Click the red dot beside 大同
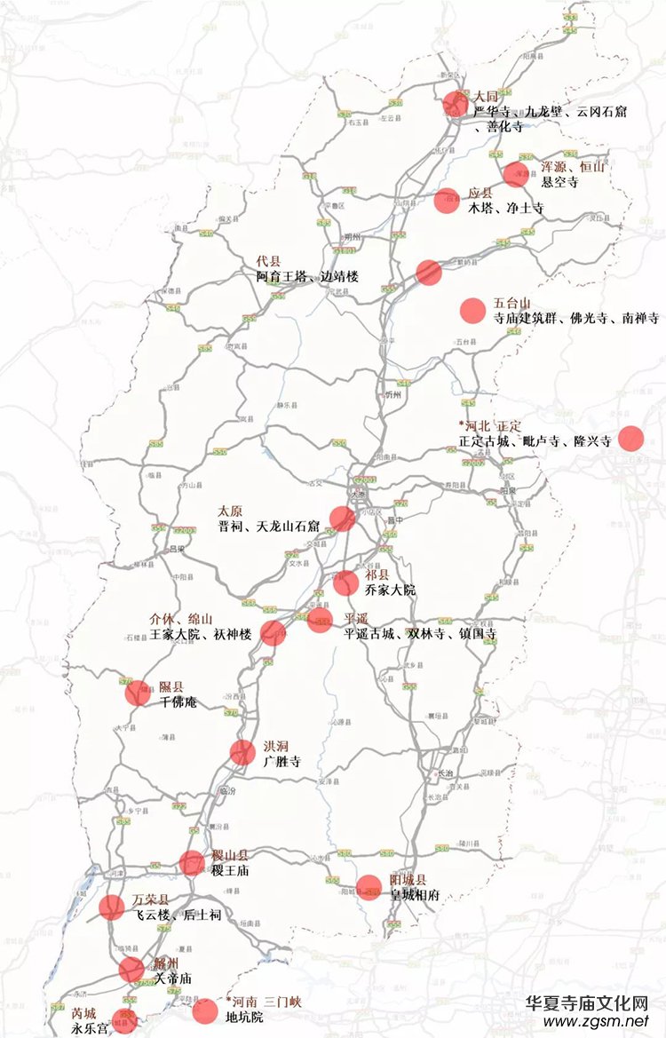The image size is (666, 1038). [456, 104]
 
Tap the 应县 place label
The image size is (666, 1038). [480, 193]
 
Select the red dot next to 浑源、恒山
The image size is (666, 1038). [515, 174]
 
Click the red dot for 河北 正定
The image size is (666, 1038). [630, 439]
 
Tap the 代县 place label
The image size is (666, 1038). [268, 261]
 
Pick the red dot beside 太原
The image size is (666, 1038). [342, 519]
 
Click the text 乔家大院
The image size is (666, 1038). [390, 590]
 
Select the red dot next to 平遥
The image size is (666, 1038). [320, 621]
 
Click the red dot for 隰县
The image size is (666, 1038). [138, 693]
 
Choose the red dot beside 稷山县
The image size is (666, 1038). [192, 863]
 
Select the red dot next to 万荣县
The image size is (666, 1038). [112, 907]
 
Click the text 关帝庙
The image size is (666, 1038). [172, 979]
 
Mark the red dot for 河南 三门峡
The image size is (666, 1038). [204, 1010]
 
